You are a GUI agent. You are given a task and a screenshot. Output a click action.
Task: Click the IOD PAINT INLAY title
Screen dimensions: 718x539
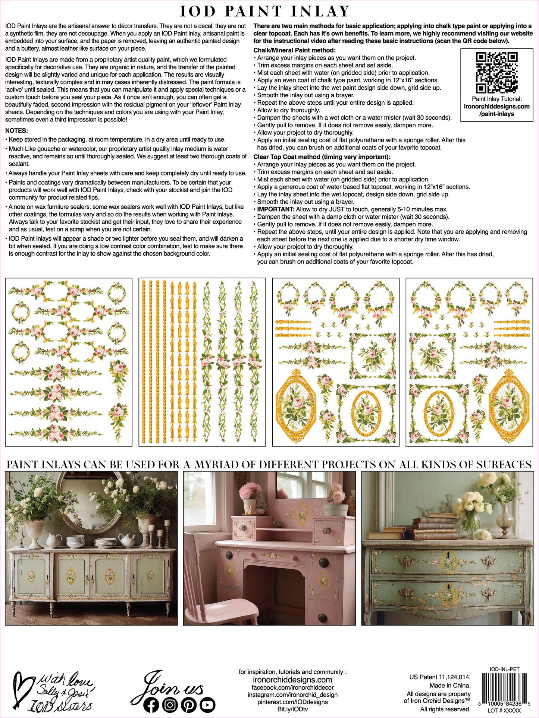click(x=265, y=12)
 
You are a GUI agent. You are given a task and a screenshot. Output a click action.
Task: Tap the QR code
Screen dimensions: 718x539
click(x=496, y=72)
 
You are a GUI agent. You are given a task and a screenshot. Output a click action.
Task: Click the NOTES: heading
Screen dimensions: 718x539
click(x=17, y=131)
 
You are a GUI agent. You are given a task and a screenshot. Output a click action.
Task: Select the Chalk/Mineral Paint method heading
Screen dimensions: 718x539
click(x=294, y=50)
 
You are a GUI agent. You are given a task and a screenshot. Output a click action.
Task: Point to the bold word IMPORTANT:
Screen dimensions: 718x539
click(x=276, y=209)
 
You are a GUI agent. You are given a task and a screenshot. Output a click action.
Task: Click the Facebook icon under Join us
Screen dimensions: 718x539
click(x=151, y=705)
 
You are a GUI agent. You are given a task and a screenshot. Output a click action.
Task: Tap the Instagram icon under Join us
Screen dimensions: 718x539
click(x=170, y=705)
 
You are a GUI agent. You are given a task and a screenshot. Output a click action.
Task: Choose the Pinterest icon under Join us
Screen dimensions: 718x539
click(x=189, y=705)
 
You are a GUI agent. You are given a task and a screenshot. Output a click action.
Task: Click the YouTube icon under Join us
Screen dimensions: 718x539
click(x=207, y=705)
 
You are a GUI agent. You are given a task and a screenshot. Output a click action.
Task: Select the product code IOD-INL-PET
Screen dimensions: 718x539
click(x=504, y=670)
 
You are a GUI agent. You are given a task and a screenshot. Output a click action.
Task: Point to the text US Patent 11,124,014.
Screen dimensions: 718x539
click(x=440, y=677)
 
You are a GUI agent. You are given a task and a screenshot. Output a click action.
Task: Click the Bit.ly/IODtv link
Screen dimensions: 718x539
click(x=292, y=709)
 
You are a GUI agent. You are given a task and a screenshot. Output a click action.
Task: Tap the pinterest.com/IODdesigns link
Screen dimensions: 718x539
click(x=292, y=702)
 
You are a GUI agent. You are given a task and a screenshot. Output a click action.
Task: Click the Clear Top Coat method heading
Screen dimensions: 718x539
click(x=322, y=157)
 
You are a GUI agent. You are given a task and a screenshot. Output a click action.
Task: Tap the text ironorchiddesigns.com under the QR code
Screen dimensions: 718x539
click(x=496, y=107)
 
